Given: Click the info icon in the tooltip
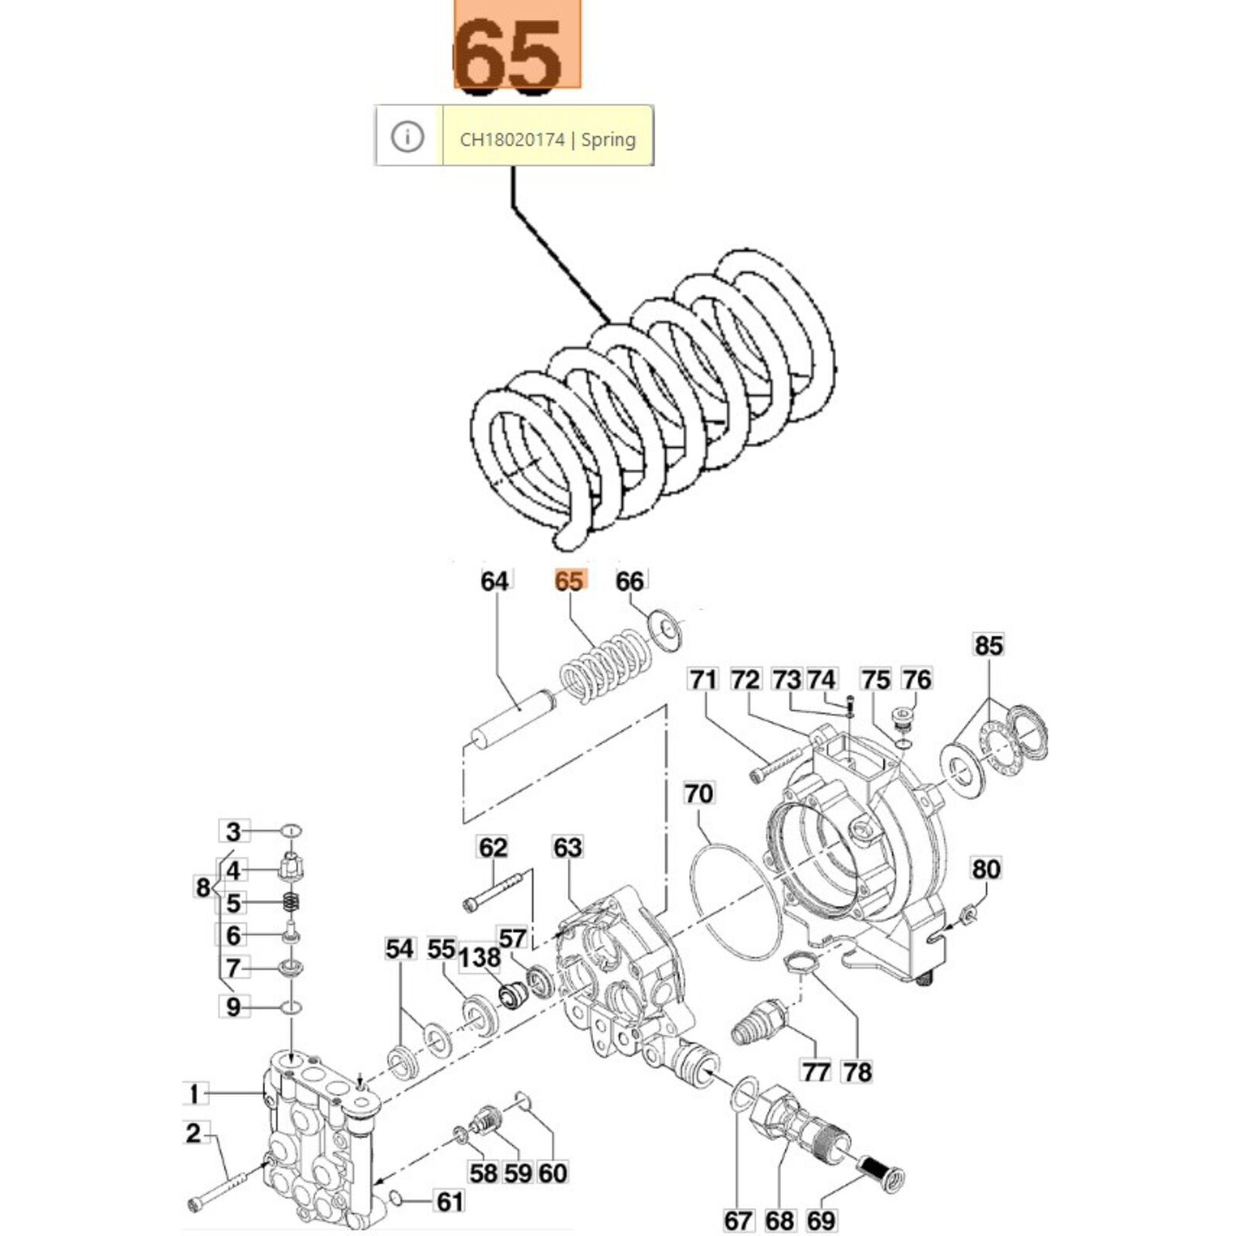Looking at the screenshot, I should point(407,138).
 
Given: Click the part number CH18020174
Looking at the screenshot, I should point(511,140).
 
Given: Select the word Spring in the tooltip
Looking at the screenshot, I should point(609,140).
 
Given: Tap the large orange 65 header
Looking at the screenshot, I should point(515,48).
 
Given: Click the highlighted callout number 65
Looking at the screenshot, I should point(570,581).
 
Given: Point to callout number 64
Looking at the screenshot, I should point(494,581).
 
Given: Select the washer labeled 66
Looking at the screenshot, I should point(663,626).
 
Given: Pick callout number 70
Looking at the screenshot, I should point(699,793).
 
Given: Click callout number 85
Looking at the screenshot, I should point(989,645).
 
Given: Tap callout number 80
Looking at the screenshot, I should point(986,869).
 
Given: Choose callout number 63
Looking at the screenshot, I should point(567,847).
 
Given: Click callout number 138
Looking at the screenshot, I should point(480,958).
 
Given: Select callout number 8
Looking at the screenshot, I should point(202,888).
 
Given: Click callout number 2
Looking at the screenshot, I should point(193,1133).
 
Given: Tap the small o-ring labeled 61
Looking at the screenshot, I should point(396,1198).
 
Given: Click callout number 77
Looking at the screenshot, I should point(816,1071).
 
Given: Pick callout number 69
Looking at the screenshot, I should point(821,1221).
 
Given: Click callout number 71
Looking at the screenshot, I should point(703,680).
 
